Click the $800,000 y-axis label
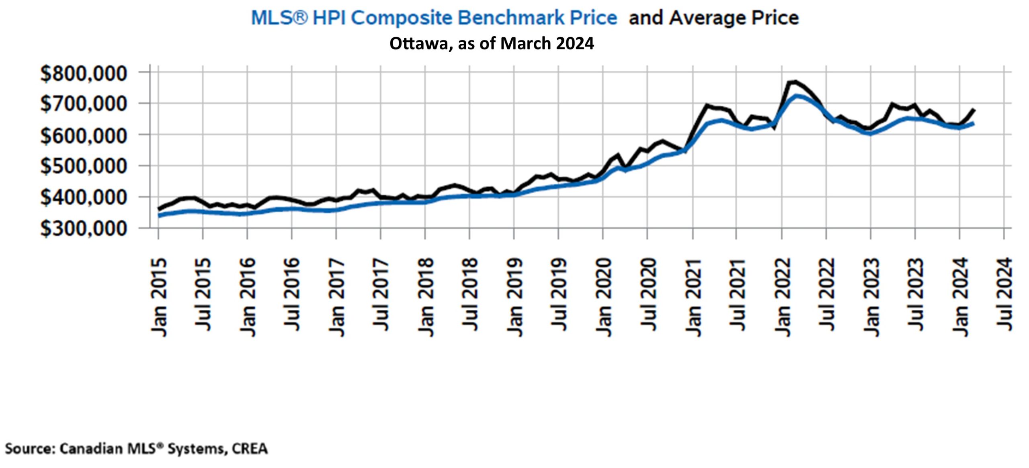click(83, 74)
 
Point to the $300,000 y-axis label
click(83, 229)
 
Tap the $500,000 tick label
click(83, 166)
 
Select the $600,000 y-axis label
click(83, 135)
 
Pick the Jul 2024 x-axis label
click(1004, 294)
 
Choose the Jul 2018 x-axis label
click(469, 294)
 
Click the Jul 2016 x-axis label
click(292, 294)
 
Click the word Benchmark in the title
click(537, 18)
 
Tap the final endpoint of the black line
click(974, 109)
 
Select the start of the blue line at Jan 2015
click(159, 216)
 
